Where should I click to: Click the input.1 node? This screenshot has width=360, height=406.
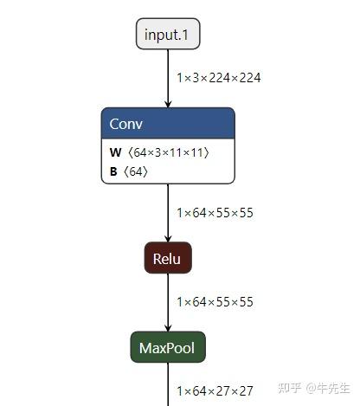(x=168, y=34)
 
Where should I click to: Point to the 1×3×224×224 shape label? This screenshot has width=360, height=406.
(x=218, y=78)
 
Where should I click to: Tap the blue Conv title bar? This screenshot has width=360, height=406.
(x=168, y=123)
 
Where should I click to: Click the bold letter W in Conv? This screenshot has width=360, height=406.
(x=114, y=152)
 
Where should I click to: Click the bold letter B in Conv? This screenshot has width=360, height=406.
(x=113, y=171)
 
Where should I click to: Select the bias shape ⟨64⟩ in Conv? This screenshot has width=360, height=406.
(x=136, y=171)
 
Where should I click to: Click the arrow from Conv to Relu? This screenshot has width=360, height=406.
(x=168, y=212)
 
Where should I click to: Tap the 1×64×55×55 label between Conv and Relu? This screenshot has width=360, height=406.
(x=215, y=213)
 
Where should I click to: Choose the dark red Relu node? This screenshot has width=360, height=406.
(x=168, y=258)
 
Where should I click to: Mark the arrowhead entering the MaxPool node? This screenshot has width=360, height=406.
(x=168, y=327)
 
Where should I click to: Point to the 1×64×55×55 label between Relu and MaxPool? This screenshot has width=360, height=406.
(x=215, y=302)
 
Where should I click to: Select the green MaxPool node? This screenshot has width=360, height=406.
(x=168, y=349)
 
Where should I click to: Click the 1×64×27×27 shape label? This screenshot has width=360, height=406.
(x=215, y=391)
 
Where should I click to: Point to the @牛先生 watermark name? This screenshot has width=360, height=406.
(x=327, y=388)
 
